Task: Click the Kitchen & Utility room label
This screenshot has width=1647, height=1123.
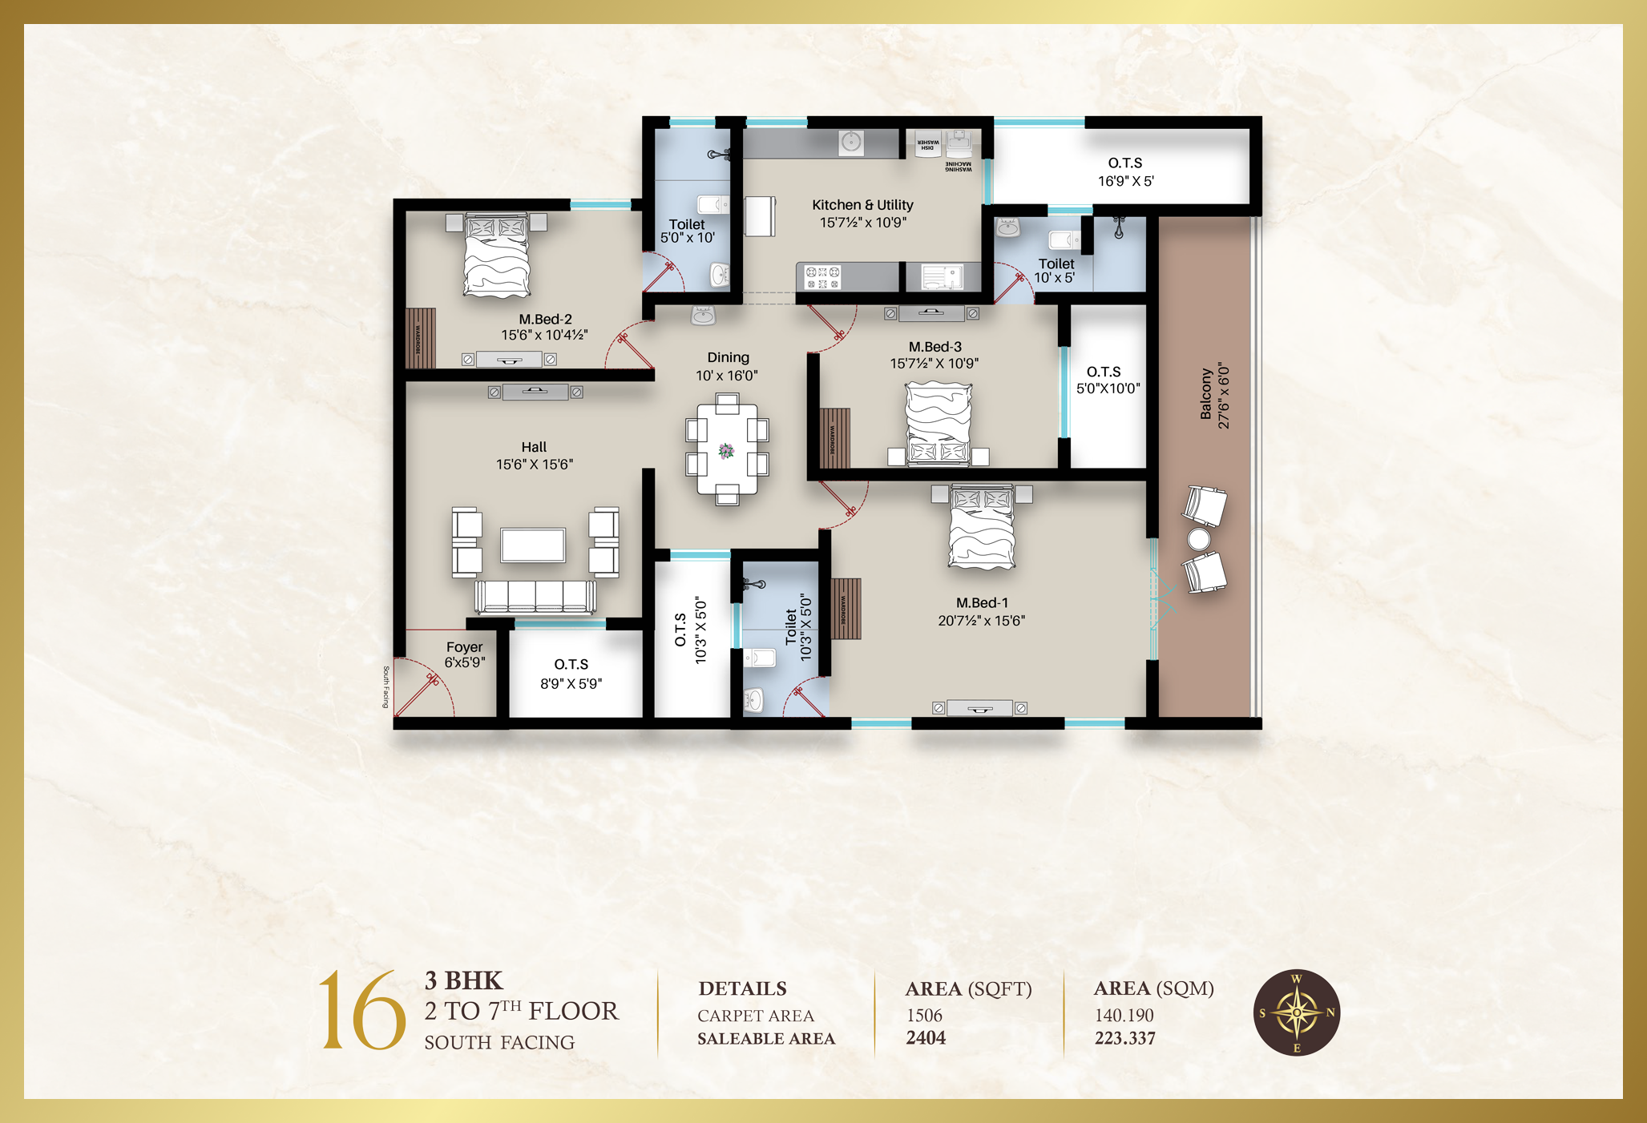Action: click(x=862, y=206)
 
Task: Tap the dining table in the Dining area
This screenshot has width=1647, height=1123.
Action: click(x=727, y=449)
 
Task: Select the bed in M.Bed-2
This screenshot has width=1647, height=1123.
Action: click(x=497, y=254)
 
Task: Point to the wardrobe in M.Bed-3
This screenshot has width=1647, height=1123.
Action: click(x=834, y=438)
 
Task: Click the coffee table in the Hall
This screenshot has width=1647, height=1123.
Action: click(x=533, y=545)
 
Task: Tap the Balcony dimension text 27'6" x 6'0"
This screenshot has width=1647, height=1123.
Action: click(x=1224, y=396)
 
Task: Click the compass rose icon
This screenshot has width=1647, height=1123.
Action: click(x=1296, y=1012)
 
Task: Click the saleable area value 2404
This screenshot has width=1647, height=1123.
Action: click(x=926, y=1038)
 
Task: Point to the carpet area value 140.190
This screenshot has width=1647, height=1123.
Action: click(x=1124, y=1016)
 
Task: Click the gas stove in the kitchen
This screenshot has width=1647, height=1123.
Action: click(x=823, y=277)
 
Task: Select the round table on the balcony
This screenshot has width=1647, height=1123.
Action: click(x=1198, y=539)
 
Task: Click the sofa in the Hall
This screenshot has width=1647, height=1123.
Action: click(x=535, y=597)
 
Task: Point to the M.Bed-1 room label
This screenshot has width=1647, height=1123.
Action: click(x=982, y=603)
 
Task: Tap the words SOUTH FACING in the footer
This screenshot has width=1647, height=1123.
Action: click(x=499, y=1042)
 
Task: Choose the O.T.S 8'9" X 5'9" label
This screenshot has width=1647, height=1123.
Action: click(x=571, y=674)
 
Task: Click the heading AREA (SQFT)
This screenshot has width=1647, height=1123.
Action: click(x=968, y=989)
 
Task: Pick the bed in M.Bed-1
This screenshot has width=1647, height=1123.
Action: click(x=982, y=526)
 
